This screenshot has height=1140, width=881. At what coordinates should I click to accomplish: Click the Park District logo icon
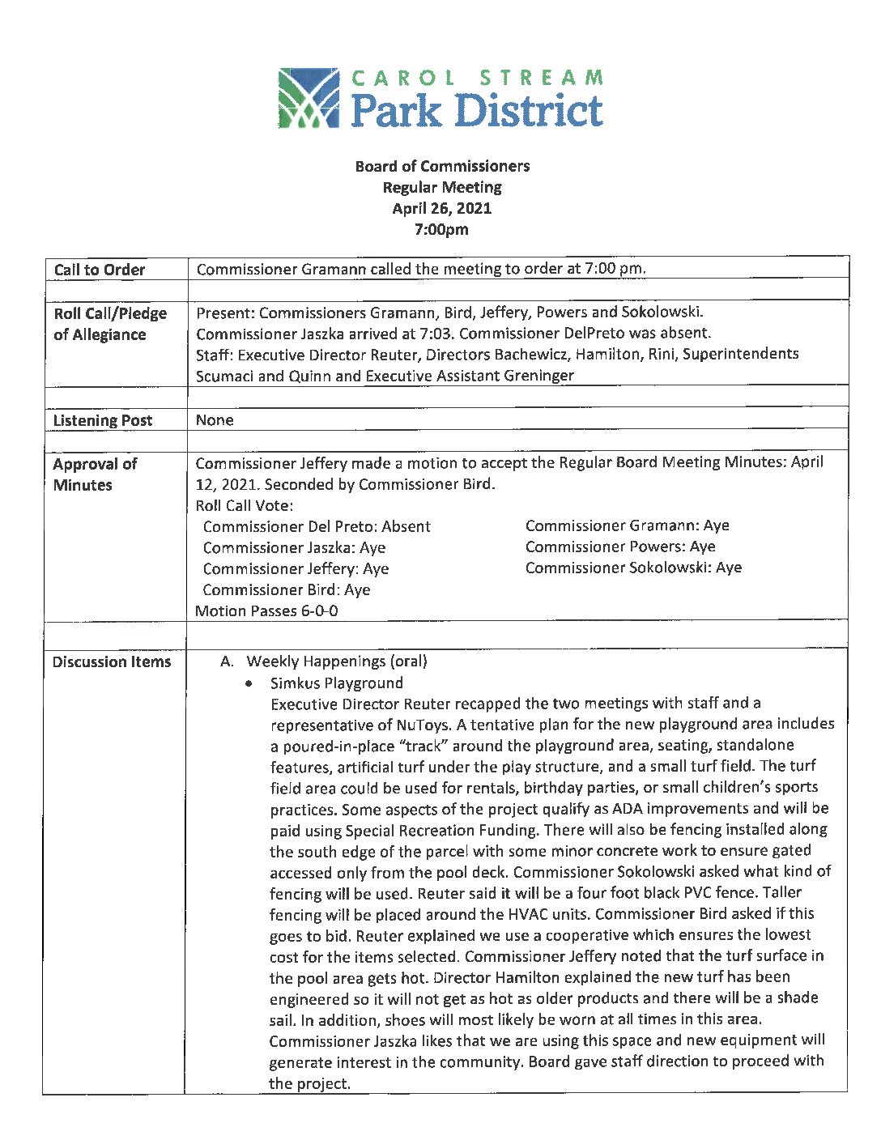(308, 98)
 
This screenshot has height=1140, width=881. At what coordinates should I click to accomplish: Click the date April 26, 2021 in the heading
(441, 208)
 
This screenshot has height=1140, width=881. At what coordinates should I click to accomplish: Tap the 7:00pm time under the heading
(441, 229)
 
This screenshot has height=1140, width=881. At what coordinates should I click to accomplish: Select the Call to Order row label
(100, 270)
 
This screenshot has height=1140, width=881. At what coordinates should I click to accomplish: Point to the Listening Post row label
(103, 420)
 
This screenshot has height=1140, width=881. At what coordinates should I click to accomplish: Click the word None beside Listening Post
(215, 420)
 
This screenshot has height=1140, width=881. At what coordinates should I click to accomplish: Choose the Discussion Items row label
(112, 661)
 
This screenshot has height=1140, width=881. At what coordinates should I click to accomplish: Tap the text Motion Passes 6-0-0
(267, 611)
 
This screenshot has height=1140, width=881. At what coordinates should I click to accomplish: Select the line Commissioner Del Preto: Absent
(317, 526)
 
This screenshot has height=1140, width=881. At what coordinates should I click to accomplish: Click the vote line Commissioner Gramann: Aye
(627, 525)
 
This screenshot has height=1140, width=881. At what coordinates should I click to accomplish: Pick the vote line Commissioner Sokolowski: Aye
(633, 568)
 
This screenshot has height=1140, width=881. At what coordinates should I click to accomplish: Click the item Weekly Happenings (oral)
(337, 661)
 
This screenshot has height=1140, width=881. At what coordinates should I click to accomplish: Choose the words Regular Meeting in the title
(442, 187)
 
